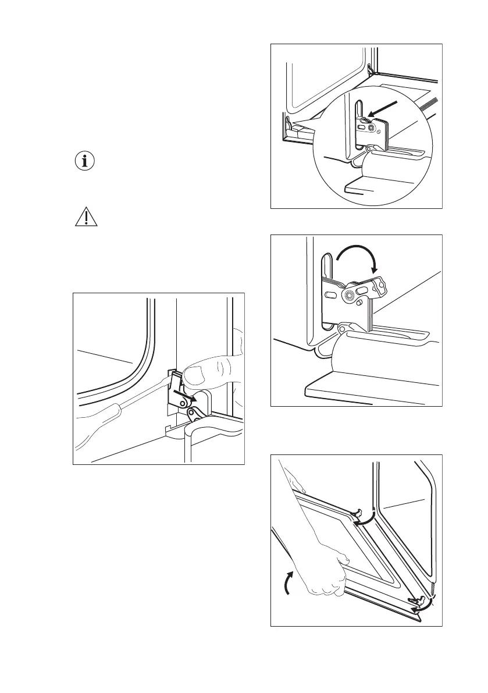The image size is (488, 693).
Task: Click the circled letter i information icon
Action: pyautogui.click(x=86, y=162)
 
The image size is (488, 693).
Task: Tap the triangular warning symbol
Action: pyautogui.click(x=86, y=217)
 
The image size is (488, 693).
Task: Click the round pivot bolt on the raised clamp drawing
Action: pyautogui.click(x=349, y=296)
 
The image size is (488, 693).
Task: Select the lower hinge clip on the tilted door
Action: pyautogui.click(x=418, y=599)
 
